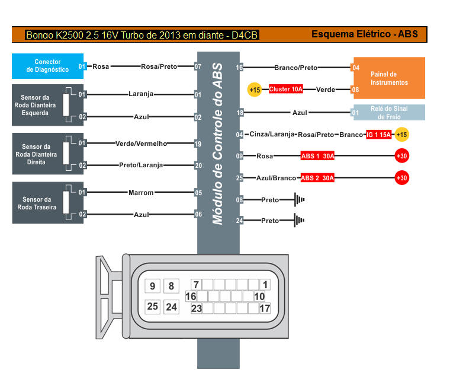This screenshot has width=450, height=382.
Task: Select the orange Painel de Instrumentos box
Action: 389,78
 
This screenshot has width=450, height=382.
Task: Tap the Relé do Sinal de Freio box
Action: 389,112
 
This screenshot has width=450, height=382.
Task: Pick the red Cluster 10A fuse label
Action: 286,90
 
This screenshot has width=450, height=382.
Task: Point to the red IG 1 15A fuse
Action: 379,135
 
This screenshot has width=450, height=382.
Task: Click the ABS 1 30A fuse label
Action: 317,156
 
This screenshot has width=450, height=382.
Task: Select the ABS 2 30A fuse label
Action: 317,177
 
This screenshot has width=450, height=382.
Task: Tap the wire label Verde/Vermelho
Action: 141,143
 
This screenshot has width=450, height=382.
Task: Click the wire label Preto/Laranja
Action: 141,165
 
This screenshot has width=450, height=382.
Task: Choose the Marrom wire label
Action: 141,192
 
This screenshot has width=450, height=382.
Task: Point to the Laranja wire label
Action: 141,94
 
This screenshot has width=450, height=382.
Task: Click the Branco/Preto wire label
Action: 296,68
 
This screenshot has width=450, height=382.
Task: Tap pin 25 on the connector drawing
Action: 153,307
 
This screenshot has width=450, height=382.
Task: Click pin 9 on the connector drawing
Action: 153,286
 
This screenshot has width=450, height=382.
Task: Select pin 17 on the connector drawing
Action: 265,308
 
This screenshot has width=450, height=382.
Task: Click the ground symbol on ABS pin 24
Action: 299,221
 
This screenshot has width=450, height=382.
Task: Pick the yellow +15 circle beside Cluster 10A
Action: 255,90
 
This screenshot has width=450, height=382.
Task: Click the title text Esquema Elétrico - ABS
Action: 364,34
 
